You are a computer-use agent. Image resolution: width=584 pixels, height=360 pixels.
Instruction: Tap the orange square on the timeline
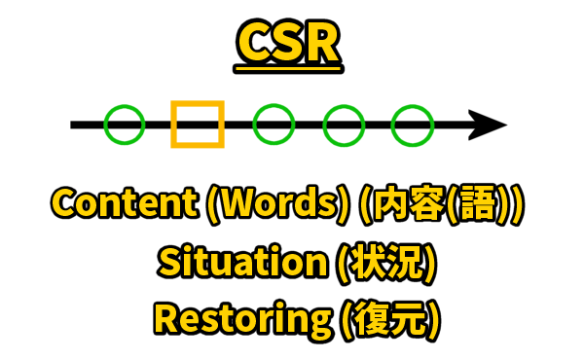pos(198,125)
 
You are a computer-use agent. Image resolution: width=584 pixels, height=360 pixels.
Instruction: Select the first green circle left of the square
pos(125,125)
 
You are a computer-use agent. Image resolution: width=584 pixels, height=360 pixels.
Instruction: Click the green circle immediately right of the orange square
pos(274,125)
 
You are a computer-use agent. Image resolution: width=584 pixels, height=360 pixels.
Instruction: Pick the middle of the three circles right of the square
pos(344,125)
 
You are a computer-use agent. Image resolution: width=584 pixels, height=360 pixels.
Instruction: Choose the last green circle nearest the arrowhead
pos(412,125)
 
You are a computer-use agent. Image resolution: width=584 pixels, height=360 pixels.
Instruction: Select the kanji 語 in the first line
pos(483,204)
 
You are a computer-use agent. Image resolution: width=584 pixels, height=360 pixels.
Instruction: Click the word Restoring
pos(234,318)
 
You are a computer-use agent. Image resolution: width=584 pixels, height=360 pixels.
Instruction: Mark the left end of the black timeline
pos(74,125)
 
